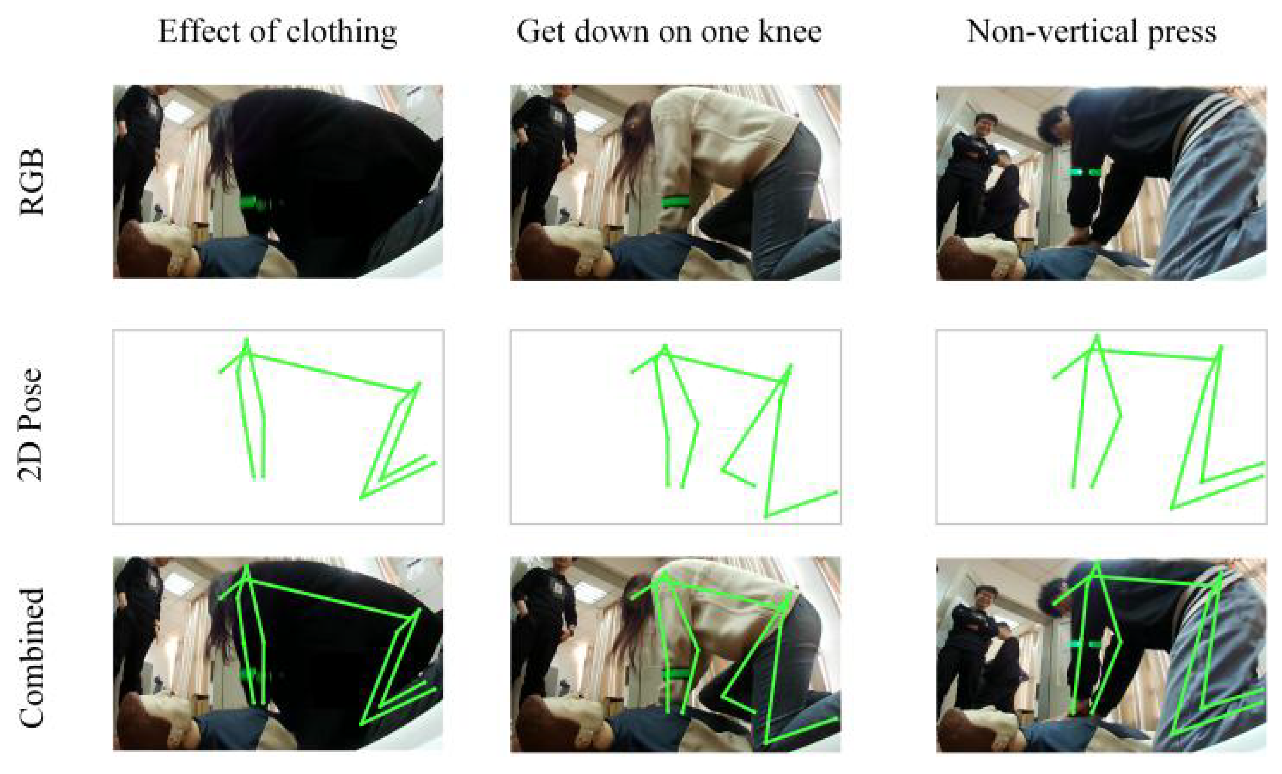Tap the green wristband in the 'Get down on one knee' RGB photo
(675, 201)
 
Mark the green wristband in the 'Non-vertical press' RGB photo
(1084, 172)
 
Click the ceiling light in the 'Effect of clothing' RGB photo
(179, 110)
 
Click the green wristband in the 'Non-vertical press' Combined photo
(1084, 644)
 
